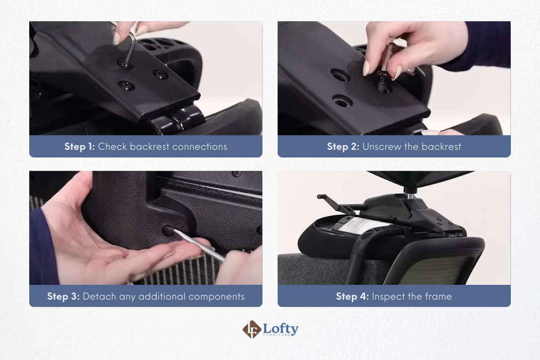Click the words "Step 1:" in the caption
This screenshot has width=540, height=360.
[x=80, y=147]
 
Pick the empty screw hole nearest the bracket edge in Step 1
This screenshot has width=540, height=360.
[x=160, y=74]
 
